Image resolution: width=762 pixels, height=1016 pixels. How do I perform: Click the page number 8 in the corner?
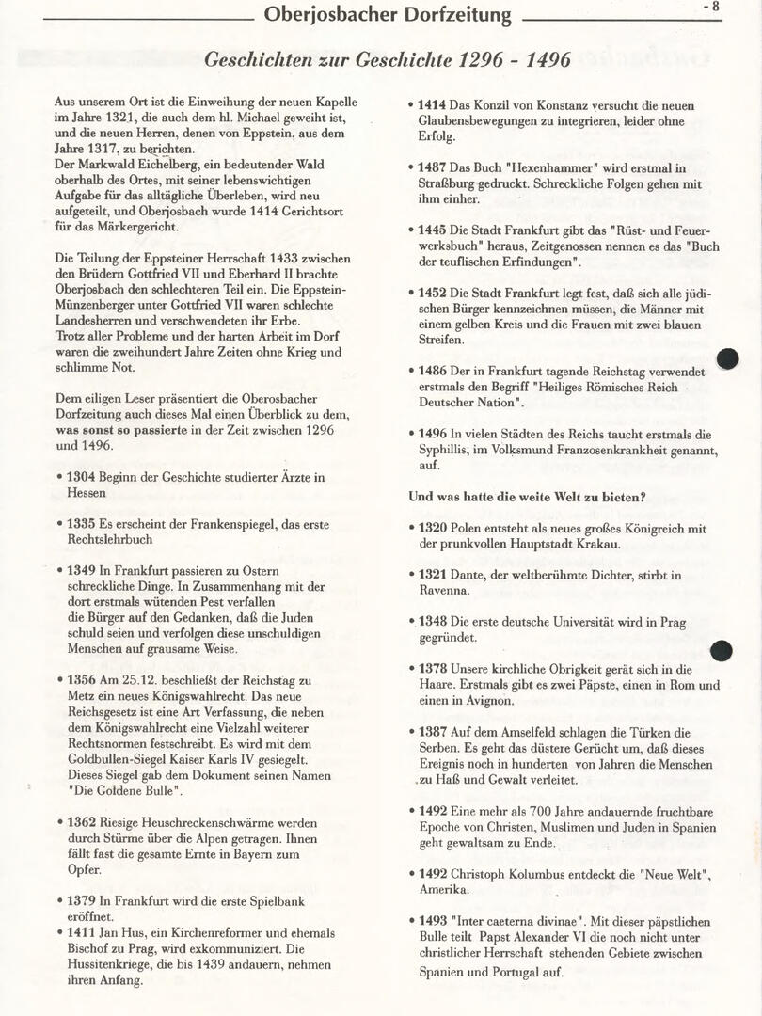pos(715,7)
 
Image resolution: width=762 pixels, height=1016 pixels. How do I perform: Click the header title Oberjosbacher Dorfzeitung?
pos(388,15)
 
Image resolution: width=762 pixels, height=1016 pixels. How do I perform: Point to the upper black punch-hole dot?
pos(727,358)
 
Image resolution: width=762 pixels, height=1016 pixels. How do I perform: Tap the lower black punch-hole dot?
pos(722,650)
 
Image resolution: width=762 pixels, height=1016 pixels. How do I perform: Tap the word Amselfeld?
pos(514,732)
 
